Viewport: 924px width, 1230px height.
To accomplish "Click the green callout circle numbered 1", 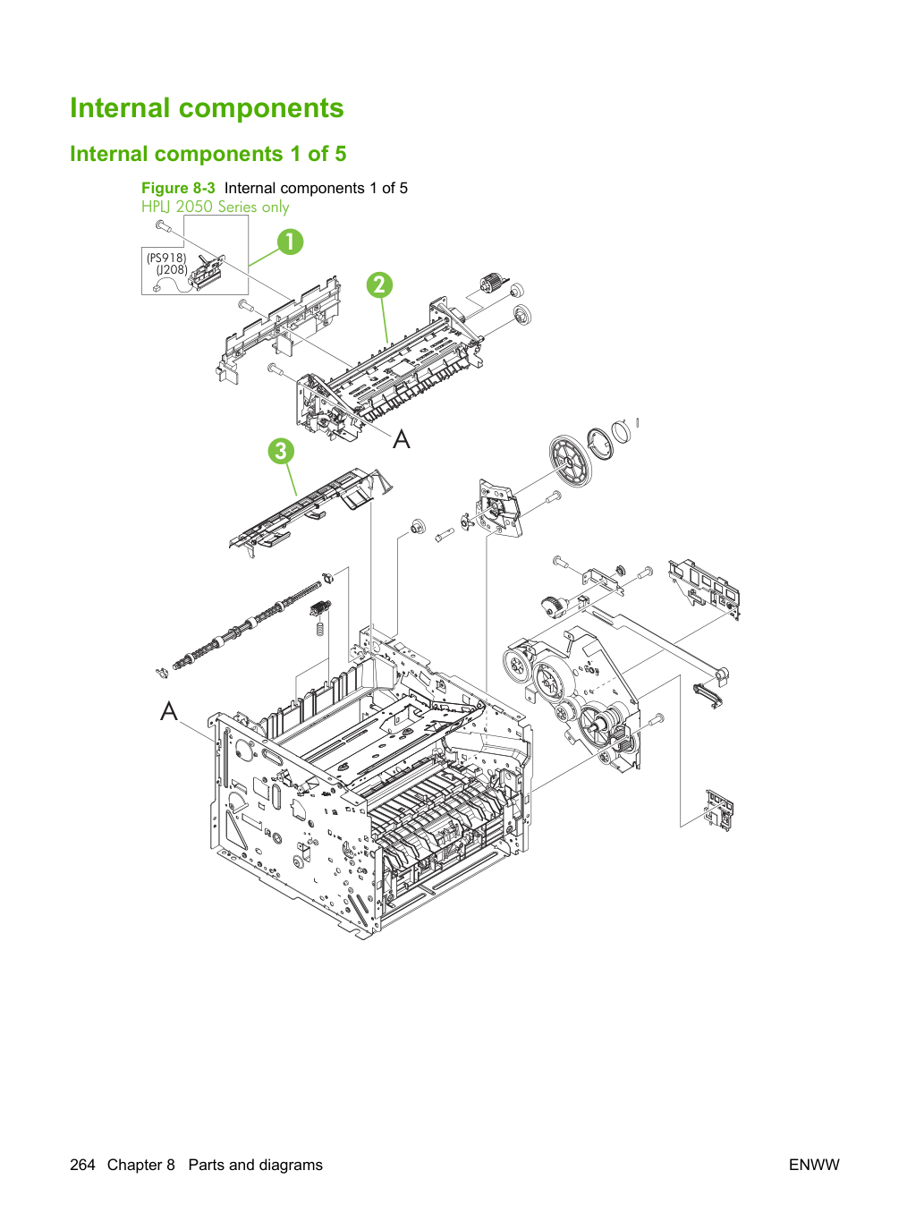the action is pos(290,242).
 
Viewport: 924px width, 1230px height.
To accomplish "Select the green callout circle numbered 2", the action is pos(379,285).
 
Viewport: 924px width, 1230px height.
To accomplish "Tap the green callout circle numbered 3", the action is pos(281,451).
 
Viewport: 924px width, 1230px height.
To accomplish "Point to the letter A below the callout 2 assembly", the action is pos(402,438).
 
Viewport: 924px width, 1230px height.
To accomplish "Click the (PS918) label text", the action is pos(166,258).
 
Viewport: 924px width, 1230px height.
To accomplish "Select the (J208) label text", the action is pos(172,270).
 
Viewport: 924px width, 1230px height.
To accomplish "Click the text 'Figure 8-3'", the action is pos(178,188).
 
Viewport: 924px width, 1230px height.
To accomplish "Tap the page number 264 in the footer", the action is pos(82,1165).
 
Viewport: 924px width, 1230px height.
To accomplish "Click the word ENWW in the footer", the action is pos(814,1165).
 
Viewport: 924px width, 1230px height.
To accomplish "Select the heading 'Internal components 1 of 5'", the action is pos(208,154).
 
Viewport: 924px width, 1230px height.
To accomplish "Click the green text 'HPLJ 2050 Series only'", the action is pos(216,207).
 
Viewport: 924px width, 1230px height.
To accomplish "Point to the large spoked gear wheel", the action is pos(571,461).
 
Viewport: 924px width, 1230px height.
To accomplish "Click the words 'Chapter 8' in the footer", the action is pos(141,1165).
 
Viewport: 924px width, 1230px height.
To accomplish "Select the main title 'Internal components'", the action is pos(207,107).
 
